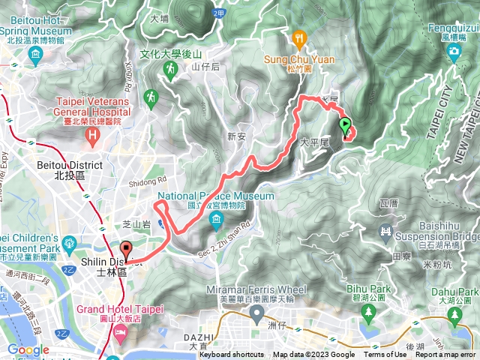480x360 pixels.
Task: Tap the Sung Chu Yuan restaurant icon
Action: tap(300, 37)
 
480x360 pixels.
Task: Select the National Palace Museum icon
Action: tap(217, 220)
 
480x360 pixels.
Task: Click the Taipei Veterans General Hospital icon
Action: tap(93, 136)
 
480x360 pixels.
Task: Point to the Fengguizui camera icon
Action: tap(454, 52)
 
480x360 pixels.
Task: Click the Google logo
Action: tap(28, 349)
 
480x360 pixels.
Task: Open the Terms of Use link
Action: tap(385, 355)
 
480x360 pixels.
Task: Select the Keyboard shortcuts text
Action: tap(232, 355)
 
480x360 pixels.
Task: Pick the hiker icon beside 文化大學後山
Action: tap(169, 70)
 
